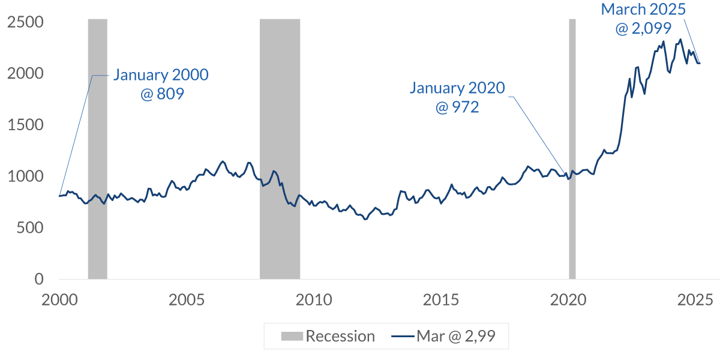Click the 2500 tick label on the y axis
[26, 22]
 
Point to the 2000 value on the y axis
[26, 74]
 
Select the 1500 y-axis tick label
[26, 125]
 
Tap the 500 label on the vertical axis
[31, 228]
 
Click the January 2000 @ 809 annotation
[161, 84]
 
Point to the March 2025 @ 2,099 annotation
[643, 18]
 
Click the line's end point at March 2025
[699, 63]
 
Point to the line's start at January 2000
[59, 196]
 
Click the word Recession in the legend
[340, 336]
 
